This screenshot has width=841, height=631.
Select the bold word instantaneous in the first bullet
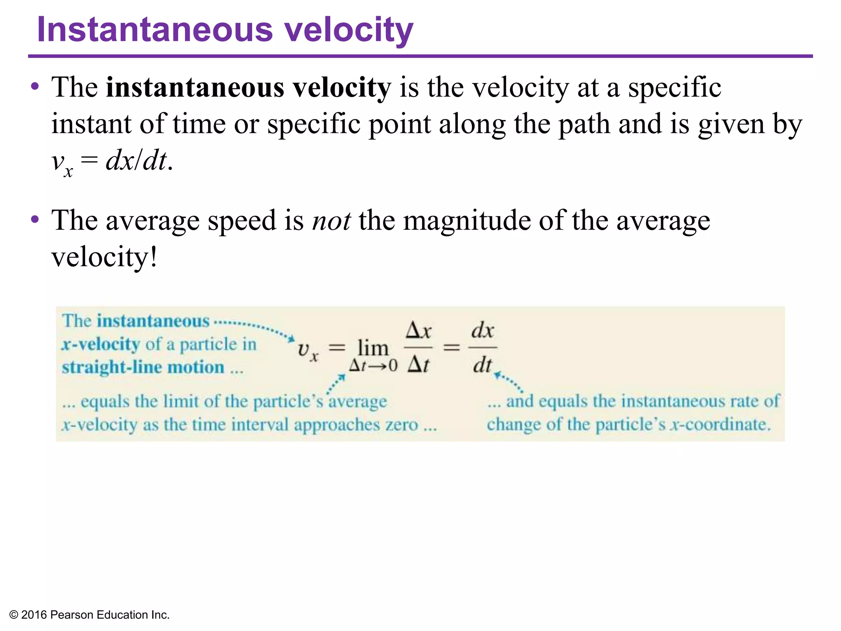(195, 88)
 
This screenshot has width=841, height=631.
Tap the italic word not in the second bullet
(331, 221)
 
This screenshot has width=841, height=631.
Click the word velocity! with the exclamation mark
(104, 257)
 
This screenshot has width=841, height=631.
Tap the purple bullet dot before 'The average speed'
(35, 219)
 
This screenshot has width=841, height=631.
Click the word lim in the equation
(373, 348)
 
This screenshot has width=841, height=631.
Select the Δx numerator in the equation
(418, 331)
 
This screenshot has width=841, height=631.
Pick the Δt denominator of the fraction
(418, 364)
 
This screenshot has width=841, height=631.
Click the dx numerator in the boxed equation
(483, 330)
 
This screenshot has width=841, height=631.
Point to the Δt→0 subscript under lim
(373, 365)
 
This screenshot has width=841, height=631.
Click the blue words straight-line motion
(143, 367)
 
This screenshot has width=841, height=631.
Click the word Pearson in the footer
(72, 615)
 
